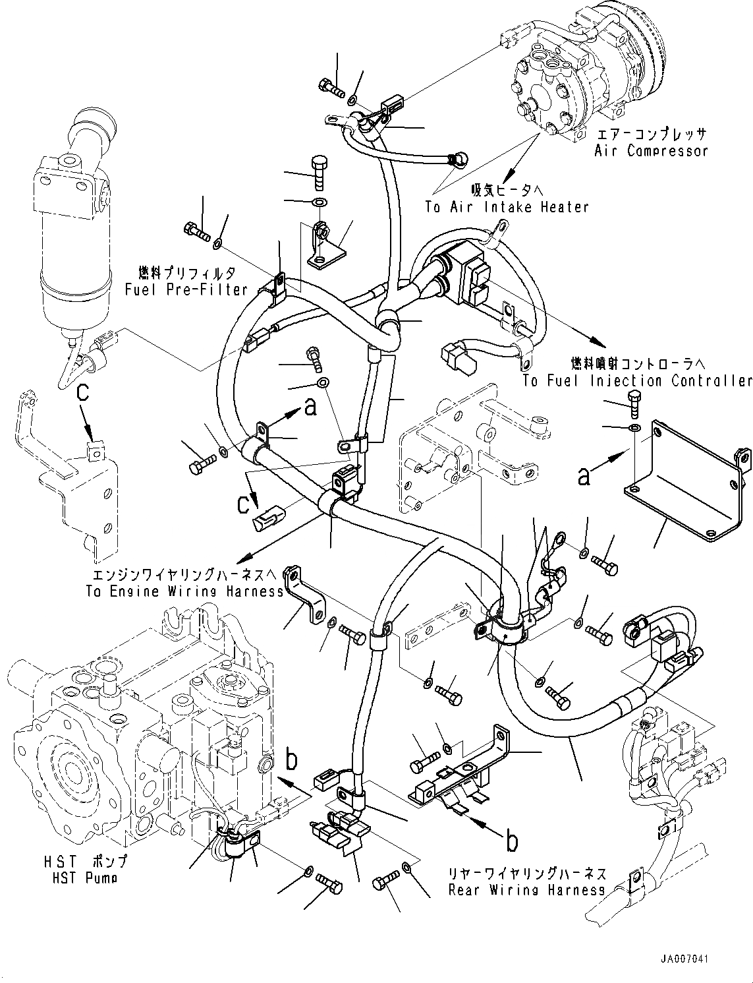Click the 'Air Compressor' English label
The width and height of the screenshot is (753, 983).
pyautogui.click(x=651, y=151)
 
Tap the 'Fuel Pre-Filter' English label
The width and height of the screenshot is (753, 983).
pyautogui.click(x=185, y=289)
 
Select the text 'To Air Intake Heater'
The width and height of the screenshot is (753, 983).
pyautogui.click(x=507, y=207)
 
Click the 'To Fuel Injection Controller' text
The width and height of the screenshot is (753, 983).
pyautogui.click(x=637, y=381)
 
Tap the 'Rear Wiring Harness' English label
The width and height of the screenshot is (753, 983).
pyautogui.click(x=526, y=890)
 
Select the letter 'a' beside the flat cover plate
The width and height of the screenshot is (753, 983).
pyautogui.click(x=583, y=476)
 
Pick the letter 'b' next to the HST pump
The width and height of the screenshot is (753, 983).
pyautogui.click(x=292, y=760)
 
